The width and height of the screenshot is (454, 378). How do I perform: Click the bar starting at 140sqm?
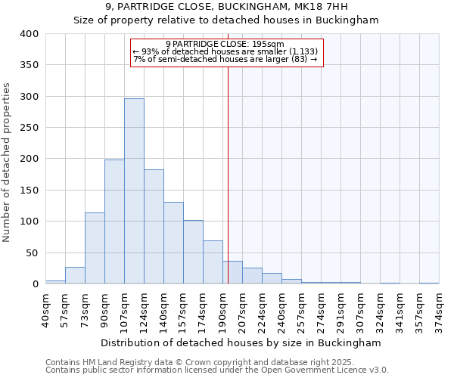pos(173,243)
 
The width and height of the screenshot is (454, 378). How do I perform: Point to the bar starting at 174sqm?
pos(213,262)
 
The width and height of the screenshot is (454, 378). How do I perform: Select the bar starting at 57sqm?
pos(75,275)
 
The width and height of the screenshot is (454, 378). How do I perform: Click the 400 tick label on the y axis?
pos(29,34)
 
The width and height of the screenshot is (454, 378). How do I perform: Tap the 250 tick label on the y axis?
pos(29,128)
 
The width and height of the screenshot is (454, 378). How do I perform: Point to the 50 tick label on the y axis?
pos(32,253)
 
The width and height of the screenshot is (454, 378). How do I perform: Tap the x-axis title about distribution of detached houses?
pos(241,342)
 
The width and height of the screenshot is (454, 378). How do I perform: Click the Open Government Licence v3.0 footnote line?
pos(216,370)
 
